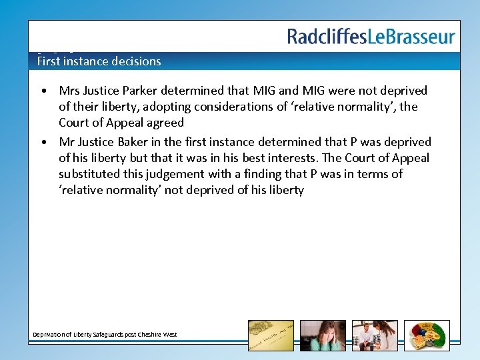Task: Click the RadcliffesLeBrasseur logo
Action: [x=371, y=37]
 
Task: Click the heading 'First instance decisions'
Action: [x=99, y=61]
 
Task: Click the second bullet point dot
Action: [x=43, y=143]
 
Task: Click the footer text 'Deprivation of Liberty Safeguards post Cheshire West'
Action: [x=105, y=334]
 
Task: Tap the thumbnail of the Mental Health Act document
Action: [x=271, y=335]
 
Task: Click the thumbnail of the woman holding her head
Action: [x=323, y=335]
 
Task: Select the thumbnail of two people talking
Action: [x=375, y=335]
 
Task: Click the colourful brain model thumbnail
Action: [x=427, y=335]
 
